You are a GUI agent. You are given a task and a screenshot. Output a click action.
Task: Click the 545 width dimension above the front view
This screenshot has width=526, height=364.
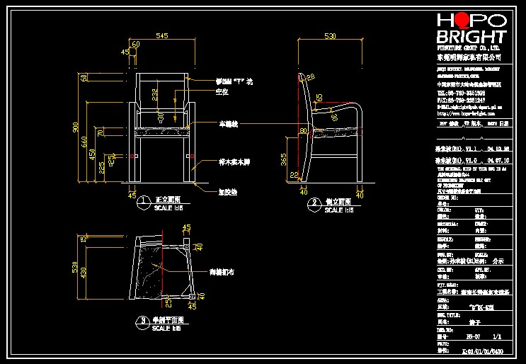161,35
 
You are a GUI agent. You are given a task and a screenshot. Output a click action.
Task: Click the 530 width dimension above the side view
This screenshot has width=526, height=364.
329,35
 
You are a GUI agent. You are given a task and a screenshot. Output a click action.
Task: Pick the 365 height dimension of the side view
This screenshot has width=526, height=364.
285,161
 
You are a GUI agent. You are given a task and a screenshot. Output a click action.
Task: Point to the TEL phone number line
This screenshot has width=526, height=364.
460,93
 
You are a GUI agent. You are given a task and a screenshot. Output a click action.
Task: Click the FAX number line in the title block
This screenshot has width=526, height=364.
460,101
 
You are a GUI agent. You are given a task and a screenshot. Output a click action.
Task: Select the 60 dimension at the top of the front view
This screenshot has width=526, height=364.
135,44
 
